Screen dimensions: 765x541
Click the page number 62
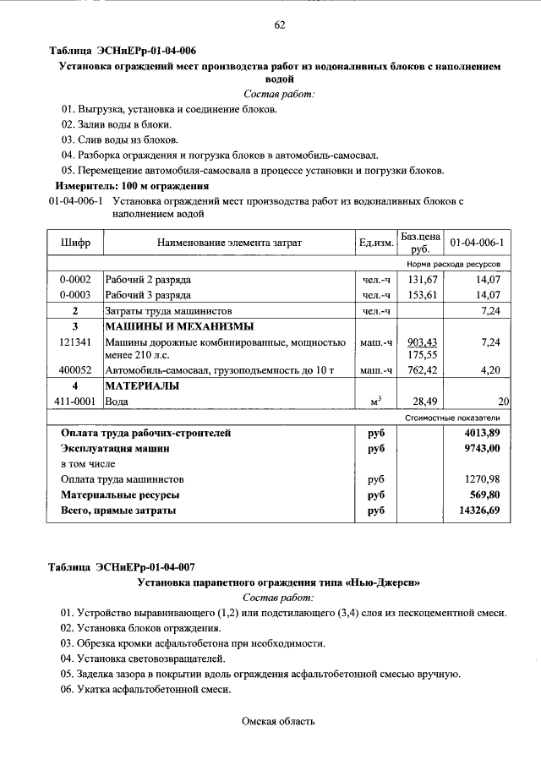[279, 25]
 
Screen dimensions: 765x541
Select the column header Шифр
[75, 243]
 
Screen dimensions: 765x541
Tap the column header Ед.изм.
[376, 243]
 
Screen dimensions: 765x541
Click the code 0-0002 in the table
[75, 280]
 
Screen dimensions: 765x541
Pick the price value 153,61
[420, 295]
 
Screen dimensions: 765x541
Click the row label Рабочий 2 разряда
[148, 280]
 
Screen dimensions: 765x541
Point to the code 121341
[75, 342]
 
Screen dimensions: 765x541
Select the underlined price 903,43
[420, 342]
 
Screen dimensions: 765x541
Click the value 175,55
[420, 356]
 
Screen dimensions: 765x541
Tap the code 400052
[75, 370]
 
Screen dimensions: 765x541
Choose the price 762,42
[420, 370]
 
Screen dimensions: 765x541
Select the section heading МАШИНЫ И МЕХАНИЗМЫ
[179, 327]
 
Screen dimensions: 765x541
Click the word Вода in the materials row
[117, 402]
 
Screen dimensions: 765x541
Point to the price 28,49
[422, 402]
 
